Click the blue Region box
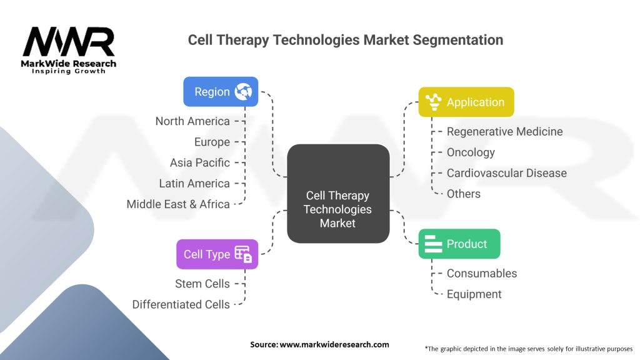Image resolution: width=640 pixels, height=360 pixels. pos(221,92)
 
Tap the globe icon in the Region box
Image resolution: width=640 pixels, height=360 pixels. pos(243,91)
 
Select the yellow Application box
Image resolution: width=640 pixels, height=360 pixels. pos(466,102)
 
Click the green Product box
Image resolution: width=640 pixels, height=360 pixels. pos(459,244)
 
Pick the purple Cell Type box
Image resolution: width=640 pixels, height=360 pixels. pos(217,254)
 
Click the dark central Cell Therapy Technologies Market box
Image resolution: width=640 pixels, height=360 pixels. pos(338,194)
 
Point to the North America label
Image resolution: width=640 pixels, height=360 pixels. pos(192,121)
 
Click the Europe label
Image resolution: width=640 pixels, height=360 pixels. pos(212,142)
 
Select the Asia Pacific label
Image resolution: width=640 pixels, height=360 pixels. pos(200,163)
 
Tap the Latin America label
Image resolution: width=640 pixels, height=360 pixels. pos(195,184)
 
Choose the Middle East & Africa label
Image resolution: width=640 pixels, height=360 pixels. pos(178,204)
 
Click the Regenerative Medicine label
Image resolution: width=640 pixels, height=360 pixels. pos(504,131)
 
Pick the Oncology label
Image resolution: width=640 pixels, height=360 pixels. pos(471,152)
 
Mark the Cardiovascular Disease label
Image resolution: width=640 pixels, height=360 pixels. pos(506,173)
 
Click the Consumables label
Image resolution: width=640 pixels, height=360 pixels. pos(482,274)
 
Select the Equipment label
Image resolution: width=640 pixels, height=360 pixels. pos(474,294)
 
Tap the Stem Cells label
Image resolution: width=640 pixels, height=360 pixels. pos(202,284)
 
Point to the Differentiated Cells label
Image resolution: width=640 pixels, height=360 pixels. pos(181,304)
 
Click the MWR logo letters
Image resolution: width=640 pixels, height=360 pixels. pos(69,42)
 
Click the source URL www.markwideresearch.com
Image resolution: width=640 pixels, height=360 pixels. pos(334,344)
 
